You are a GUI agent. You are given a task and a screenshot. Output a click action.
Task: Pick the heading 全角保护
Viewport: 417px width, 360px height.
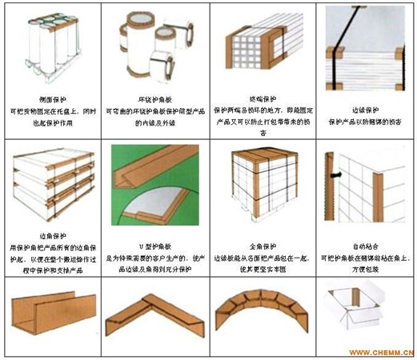click(259, 237)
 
